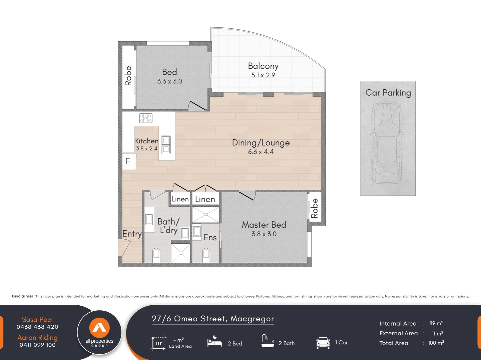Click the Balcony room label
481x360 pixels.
click(263, 66)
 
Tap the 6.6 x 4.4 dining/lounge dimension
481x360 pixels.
click(261, 152)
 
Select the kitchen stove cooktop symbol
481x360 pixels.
click(146, 118)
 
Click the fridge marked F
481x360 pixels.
click(128, 161)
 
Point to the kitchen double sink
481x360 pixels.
click(166, 145)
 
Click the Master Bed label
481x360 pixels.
click(264, 225)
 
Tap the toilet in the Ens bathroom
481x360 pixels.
click(206, 255)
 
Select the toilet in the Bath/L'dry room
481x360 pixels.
click(156, 255)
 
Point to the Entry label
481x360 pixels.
click(132, 234)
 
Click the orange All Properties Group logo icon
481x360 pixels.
click(99, 327)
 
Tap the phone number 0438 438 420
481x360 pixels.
click(37, 327)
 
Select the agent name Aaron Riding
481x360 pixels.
click(37, 337)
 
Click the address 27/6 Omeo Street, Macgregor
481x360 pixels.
click(213, 319)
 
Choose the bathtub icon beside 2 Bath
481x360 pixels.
click(268, 341)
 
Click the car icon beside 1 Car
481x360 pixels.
click(323, 343)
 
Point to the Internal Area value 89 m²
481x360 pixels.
click(436, 323)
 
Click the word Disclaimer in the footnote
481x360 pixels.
click(23, 296)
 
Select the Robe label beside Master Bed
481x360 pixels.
click(314, 208)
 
